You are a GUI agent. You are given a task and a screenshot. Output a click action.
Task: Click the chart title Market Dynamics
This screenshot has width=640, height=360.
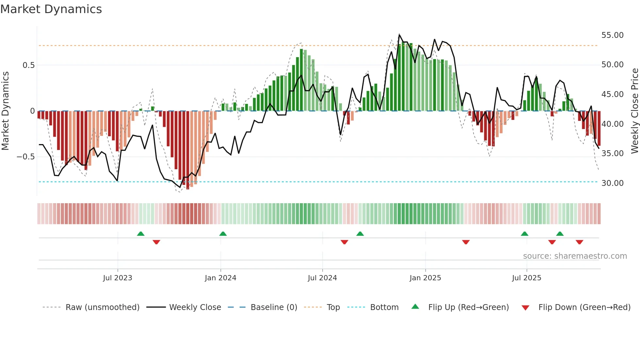[51, 9]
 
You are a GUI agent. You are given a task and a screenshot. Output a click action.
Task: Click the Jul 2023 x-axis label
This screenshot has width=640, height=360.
[118, 278]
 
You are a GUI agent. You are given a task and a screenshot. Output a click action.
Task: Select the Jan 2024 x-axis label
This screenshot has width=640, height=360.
[220, 278]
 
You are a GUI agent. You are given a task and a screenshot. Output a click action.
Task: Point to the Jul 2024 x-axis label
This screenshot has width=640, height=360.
[322, 278]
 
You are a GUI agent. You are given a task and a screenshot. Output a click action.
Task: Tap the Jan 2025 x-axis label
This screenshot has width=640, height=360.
[425, 278]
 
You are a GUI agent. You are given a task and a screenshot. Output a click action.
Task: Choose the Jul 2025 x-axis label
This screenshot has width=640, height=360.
[526, 278]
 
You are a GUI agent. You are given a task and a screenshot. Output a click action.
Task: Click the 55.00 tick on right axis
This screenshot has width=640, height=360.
[612, 35]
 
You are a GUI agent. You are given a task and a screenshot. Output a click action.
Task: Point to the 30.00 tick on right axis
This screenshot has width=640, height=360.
[612, 183]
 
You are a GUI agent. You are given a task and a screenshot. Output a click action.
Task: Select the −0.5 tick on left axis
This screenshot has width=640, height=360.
[25, 157]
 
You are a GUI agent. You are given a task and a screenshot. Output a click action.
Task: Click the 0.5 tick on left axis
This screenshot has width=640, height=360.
[28, 65]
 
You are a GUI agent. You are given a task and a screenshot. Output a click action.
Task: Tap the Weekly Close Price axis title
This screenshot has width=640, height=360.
[634, 111]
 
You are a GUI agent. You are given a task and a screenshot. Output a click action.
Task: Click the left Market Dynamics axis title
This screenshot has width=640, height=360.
[5, 111]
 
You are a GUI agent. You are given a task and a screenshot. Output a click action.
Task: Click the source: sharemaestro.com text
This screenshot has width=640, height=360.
[575, 256]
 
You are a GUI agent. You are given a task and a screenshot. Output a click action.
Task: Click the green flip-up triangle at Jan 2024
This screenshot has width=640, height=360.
[223, 234]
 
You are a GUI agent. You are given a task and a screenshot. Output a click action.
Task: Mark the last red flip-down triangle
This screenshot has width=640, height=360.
[580, 242]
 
